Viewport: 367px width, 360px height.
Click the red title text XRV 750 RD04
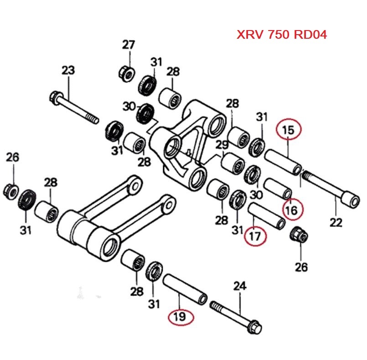(281, 35)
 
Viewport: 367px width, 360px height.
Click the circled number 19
(180, 317)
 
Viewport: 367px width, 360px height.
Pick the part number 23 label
(68, 71)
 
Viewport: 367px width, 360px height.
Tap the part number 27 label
(128, 45)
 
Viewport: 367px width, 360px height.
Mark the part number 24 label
(239, 286)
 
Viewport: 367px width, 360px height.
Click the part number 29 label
(222, 145)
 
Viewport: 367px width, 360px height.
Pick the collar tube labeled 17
(267, 216)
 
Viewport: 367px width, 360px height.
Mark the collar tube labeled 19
(185, 288)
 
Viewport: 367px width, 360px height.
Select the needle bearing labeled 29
(233, 163)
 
